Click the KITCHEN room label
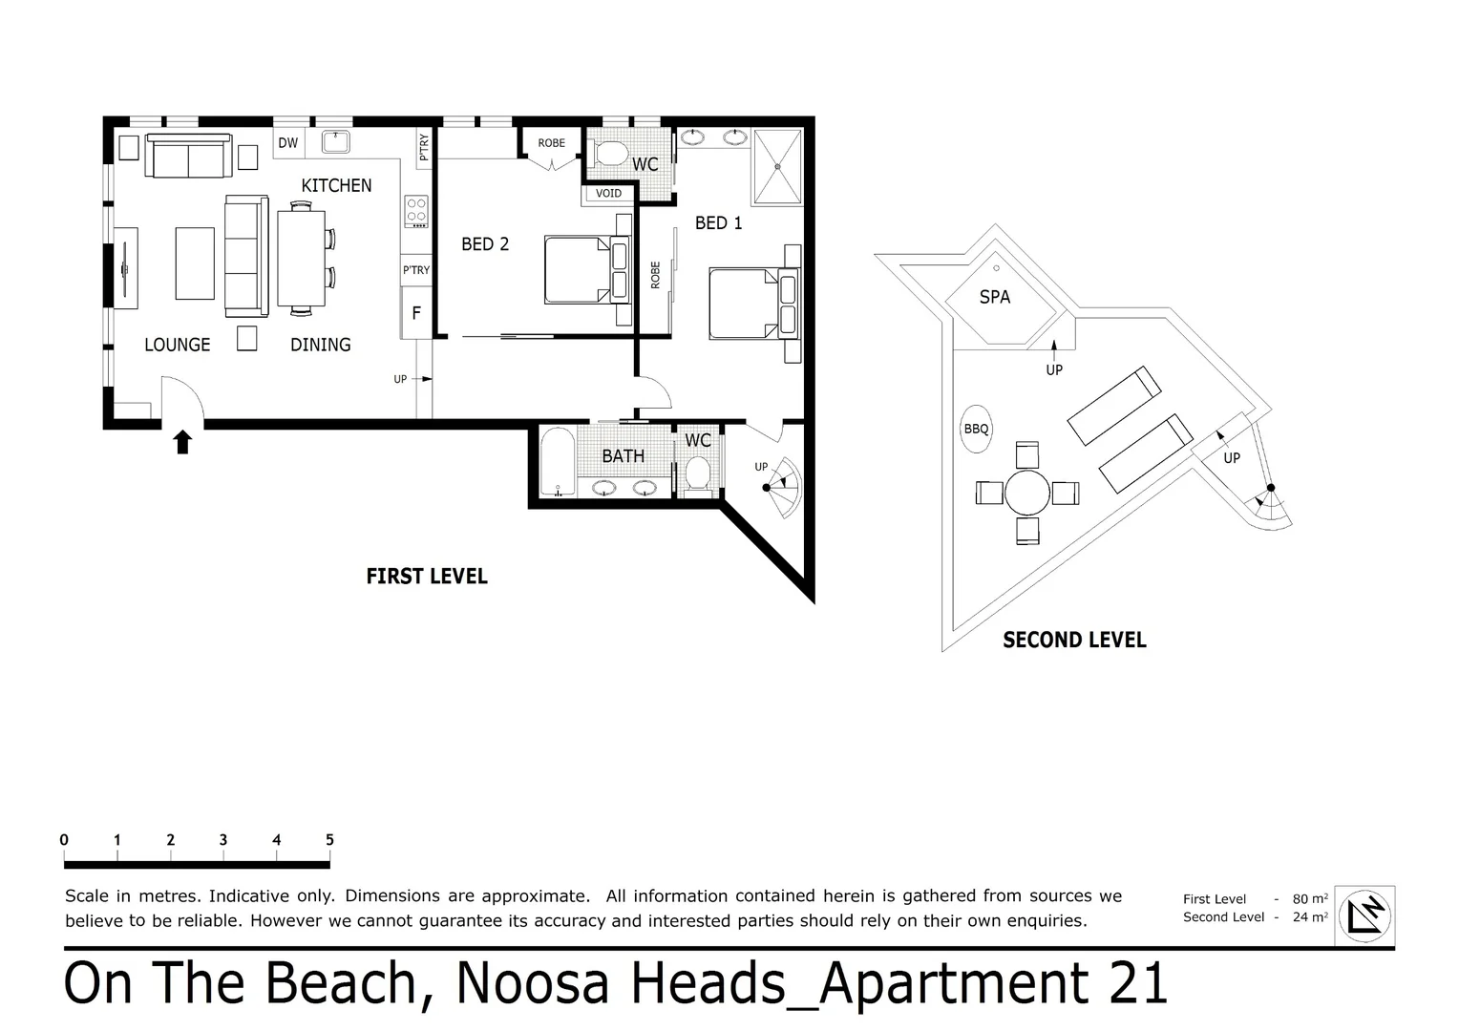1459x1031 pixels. point(336,185)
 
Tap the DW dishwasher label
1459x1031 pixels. point(288,142)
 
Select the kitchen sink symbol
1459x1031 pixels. point(336,142)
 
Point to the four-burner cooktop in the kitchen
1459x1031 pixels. point(416,212)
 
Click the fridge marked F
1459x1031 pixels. point(416,313)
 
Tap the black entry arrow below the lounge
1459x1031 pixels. point(182,442)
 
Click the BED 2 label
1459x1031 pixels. point(485,244)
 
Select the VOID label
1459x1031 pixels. point(608,194)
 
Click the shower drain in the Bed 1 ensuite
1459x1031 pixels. point(777,167)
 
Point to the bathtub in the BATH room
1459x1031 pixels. point(558,462)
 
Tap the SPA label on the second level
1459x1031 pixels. point(995,297)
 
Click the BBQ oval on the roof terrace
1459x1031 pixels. point(977,429)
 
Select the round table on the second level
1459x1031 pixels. point(1027,493)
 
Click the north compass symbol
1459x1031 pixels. point(1364,915)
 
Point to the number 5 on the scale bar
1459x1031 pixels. point(329,839)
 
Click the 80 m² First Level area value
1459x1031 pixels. point(1310,899)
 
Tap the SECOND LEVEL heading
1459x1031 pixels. point(1075,641)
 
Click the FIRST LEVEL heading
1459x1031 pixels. point(427,577)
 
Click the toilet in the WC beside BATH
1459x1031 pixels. point(698,473)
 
